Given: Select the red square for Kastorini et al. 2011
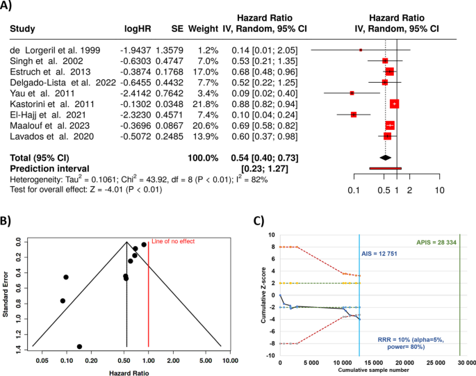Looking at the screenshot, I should (394, 104).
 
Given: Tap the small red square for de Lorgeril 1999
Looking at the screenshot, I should (361, 50).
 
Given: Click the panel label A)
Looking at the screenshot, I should (9, 6).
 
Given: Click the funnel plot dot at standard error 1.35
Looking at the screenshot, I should (79, 346).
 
